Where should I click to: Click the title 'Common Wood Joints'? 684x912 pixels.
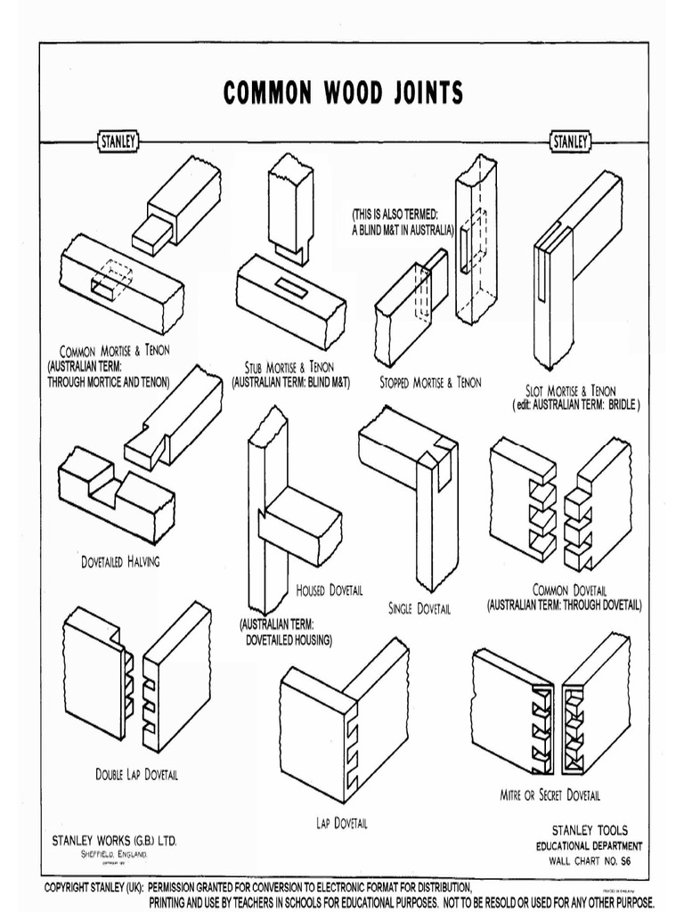pos(343,93)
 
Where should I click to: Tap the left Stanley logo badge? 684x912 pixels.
pos(116,142)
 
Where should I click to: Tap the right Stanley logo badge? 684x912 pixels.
pos(569,142)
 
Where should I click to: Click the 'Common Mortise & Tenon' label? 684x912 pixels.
pos(114,350)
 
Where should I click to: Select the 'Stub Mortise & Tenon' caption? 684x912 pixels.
pos(289,366)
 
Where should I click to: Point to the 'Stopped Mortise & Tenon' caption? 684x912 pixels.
pos(429,382)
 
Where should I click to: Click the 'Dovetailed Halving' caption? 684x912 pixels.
pos(119,562)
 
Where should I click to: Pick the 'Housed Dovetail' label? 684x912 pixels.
pos(329,590)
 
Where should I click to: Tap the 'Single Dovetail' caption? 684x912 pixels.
pos(419,609)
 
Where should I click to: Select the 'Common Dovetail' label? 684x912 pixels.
pos(569,590)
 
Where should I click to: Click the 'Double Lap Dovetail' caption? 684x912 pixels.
pos(136,774)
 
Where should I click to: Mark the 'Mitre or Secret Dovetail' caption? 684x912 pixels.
pos(550,794)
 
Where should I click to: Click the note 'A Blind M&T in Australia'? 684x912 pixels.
pos(403,228)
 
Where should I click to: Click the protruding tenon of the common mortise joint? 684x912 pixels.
pos(151,232)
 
